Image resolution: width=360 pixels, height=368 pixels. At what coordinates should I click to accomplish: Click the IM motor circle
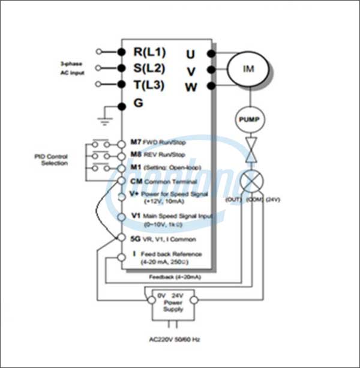248,68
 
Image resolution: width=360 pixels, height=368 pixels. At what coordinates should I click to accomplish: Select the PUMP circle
248,119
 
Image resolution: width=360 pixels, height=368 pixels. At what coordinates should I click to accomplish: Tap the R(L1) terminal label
149,52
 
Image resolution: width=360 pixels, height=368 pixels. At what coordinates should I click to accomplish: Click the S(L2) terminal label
149,68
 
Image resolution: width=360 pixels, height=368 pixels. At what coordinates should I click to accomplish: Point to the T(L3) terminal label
149,85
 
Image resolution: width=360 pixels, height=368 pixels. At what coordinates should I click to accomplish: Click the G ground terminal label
138,103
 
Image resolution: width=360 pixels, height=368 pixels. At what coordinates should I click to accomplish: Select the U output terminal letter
190,55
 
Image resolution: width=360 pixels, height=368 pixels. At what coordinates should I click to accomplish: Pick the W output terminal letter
191,88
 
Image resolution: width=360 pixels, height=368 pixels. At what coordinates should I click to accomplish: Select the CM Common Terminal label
163,181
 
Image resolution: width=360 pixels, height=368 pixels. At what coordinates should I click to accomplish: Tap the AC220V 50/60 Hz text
174,339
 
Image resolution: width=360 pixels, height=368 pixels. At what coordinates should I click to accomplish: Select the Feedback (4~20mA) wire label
175,277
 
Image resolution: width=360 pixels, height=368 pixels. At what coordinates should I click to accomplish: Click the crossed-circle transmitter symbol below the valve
248,181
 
